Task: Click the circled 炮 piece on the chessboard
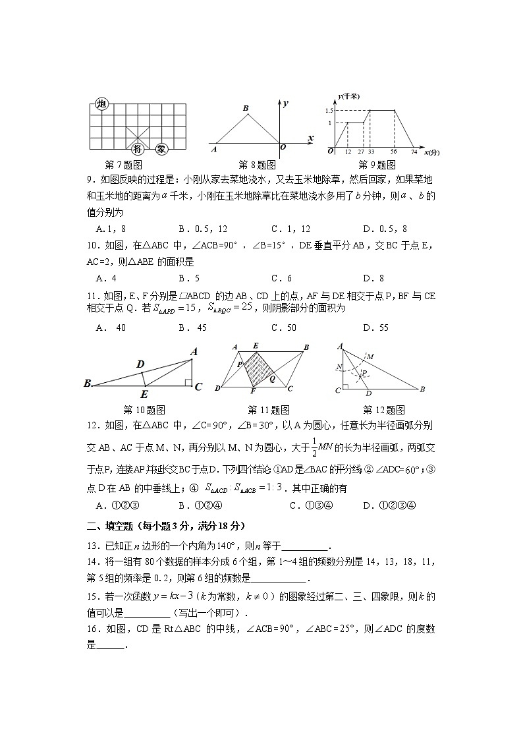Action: [101, 104]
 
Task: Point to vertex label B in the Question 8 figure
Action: [245, 108]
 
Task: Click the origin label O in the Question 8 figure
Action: [283, 148]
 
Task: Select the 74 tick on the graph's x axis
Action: [414, 152]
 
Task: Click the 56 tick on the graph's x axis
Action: [393, 152]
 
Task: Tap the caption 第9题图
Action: [377, 165]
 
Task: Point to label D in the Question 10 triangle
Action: [140, 364]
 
